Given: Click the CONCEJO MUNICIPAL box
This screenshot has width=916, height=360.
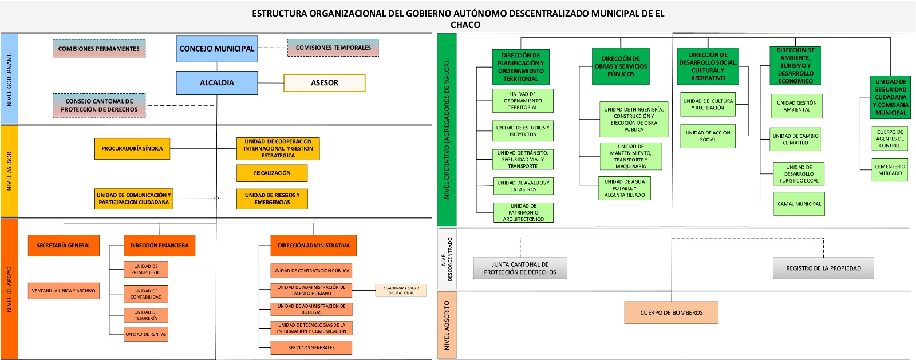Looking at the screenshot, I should point(216,49).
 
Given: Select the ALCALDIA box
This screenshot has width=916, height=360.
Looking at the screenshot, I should point(216,82).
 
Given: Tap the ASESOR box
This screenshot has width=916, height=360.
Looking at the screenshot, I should point(324,83).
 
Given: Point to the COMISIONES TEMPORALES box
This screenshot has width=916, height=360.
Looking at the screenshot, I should point(333,48).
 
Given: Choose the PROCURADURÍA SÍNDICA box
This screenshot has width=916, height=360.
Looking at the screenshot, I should point(132,148).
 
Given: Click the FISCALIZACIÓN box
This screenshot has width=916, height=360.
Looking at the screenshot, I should point(272,173).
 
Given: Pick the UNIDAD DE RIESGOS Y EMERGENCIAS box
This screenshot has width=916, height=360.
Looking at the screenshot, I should point(272,199).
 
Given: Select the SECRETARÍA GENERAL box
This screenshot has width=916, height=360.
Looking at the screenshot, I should point(64,245).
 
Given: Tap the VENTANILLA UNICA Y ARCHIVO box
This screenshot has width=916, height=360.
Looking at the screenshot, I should point(64,291).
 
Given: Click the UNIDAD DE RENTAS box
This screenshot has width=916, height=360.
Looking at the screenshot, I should point(146,334).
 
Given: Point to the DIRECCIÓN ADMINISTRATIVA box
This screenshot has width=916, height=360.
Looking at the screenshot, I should point(313,245).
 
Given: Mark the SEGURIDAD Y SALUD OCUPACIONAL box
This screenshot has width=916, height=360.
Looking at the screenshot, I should point(401,290).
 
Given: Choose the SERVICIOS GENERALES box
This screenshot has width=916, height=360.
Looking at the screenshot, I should point(311,347).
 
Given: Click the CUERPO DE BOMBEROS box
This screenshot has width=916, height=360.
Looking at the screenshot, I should point(671,312).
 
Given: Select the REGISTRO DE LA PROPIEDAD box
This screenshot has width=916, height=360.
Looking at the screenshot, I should point(823,268).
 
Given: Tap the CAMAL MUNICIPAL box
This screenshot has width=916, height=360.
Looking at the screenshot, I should point(799,204).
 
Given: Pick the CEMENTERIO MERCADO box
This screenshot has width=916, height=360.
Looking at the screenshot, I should point(890,170).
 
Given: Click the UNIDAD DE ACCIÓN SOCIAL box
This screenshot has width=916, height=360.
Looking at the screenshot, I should point(708,136).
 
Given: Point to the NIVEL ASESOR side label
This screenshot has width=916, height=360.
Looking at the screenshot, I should point(9,171).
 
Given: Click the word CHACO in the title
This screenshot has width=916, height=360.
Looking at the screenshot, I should point(465,25).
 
